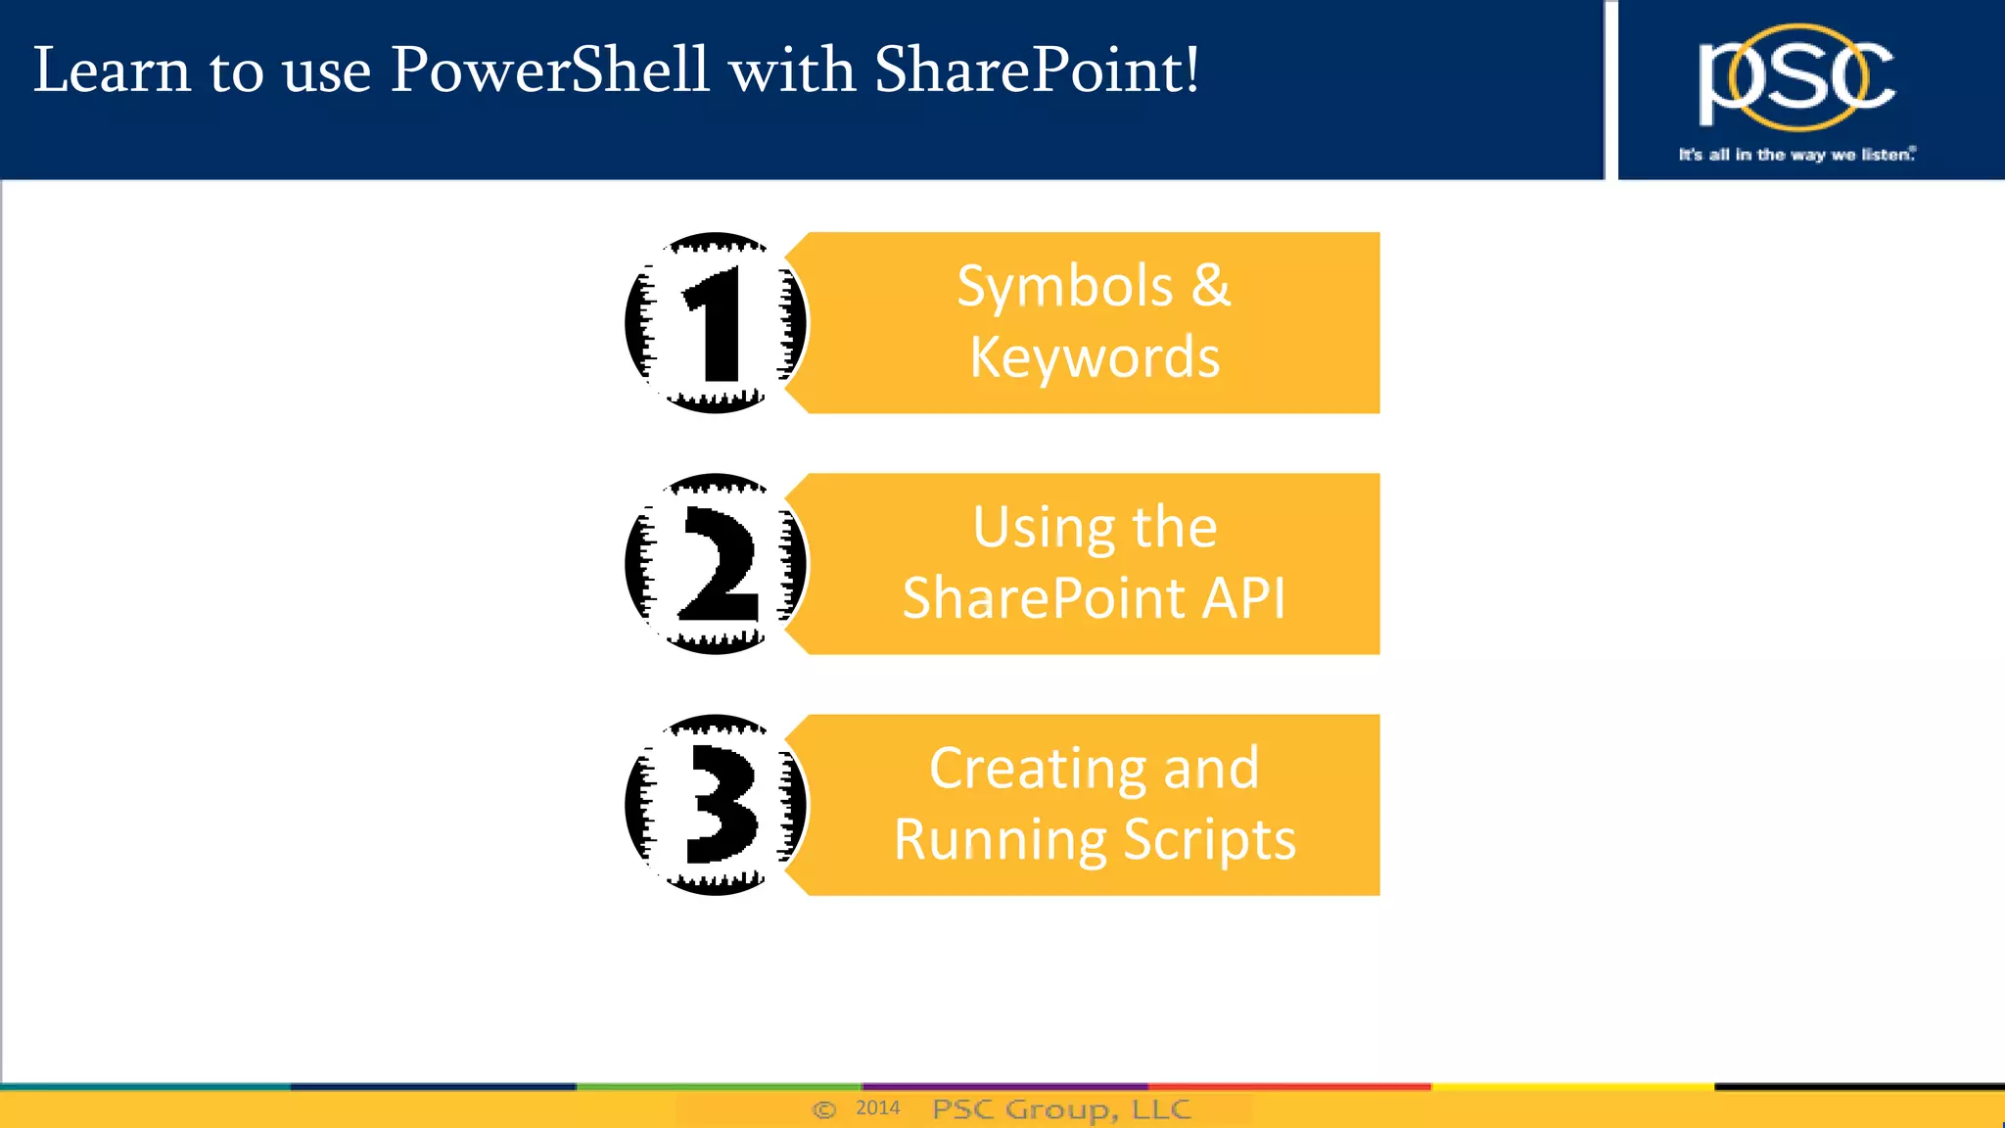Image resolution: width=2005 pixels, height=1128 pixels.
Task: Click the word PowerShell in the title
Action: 549,70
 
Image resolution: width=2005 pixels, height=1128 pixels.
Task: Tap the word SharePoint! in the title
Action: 1036,70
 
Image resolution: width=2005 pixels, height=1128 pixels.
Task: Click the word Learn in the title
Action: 112,70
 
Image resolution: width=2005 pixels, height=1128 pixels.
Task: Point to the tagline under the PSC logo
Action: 1796,155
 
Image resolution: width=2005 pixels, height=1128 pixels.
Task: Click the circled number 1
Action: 716,323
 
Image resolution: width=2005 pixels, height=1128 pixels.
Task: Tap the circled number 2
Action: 716,564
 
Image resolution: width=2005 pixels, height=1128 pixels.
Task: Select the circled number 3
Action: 716,805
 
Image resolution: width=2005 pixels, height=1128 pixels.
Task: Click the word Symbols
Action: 1064,287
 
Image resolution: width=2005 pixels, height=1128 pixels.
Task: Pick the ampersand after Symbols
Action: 1211,286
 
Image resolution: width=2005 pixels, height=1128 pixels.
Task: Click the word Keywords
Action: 1095,357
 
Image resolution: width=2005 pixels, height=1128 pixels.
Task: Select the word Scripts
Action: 1209,841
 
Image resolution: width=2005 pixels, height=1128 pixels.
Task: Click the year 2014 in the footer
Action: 877,1107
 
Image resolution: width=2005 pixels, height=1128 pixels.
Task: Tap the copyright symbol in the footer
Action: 824,1109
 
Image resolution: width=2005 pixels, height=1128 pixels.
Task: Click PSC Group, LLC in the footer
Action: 1061,1109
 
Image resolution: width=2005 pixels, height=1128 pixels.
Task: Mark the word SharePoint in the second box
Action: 1044,598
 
